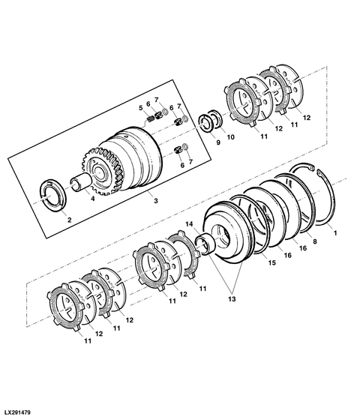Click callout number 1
[334, 233]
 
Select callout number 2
[69, 220]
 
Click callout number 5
[141, 108]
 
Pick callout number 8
[315, 241]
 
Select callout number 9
[218, 142]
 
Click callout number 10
[231, 137]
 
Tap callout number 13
[232, 298]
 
